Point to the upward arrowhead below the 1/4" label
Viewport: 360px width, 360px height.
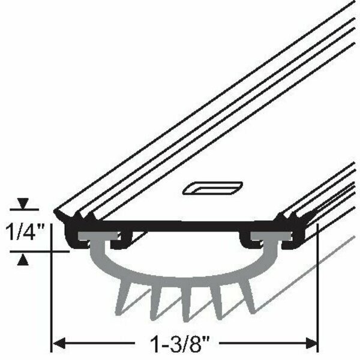23,259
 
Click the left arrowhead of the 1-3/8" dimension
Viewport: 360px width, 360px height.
59,344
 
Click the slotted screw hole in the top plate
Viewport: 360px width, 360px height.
212,188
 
